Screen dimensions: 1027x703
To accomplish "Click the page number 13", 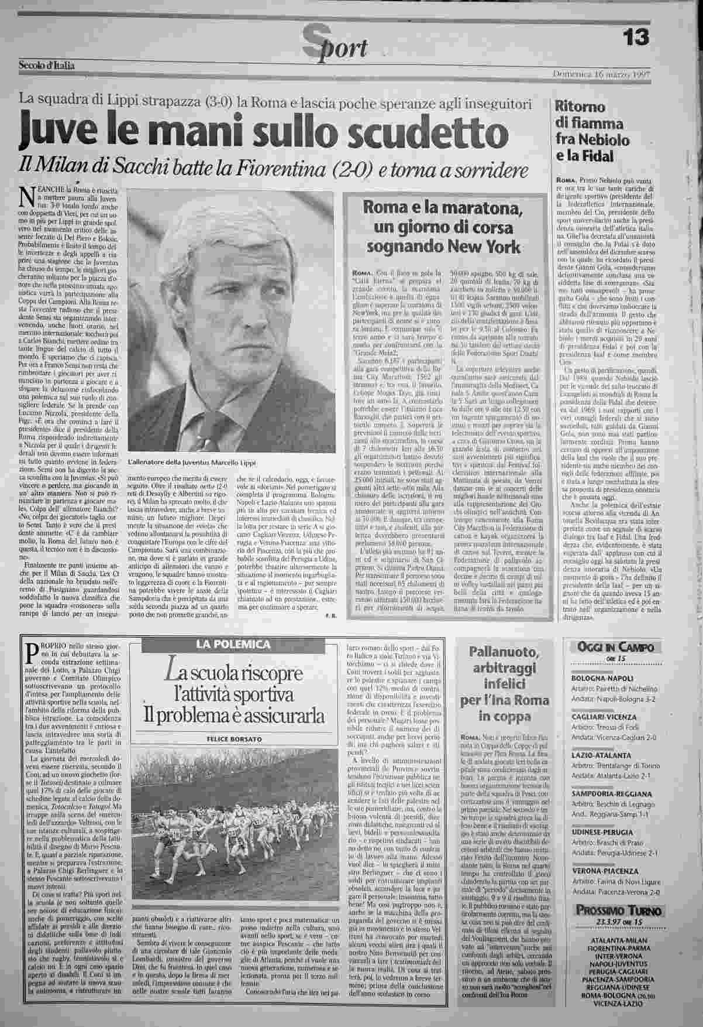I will (635, 36).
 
